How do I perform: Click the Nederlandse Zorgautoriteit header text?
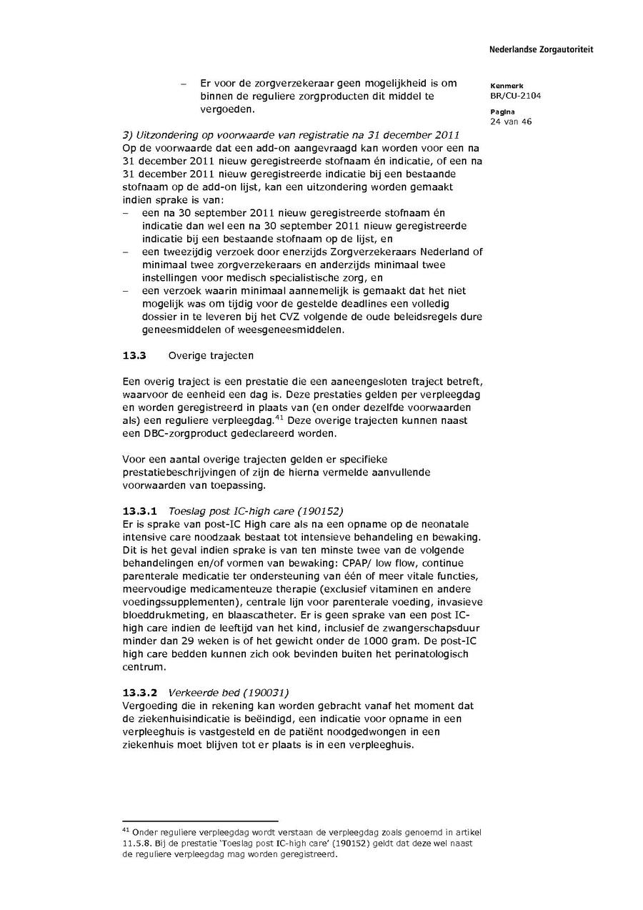click(x=541, y=49)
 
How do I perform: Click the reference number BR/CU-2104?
click(x=515, y=96)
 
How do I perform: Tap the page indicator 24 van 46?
click(x=511, y=122)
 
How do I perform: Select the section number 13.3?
click(x=134, y=355)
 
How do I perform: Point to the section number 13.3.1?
click(x=141, y=511)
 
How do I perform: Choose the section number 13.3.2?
click(x=141, y=693)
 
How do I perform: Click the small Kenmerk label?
click(x=507, y=86)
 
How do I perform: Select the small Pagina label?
click(x=503, y=112)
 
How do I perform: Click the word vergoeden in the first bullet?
click(x=226, y=110)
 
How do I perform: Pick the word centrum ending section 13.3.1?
click(x=144, y=667)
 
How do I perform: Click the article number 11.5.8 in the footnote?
click(x=136, y=844)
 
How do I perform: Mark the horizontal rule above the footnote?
click(x=200, y=821)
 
